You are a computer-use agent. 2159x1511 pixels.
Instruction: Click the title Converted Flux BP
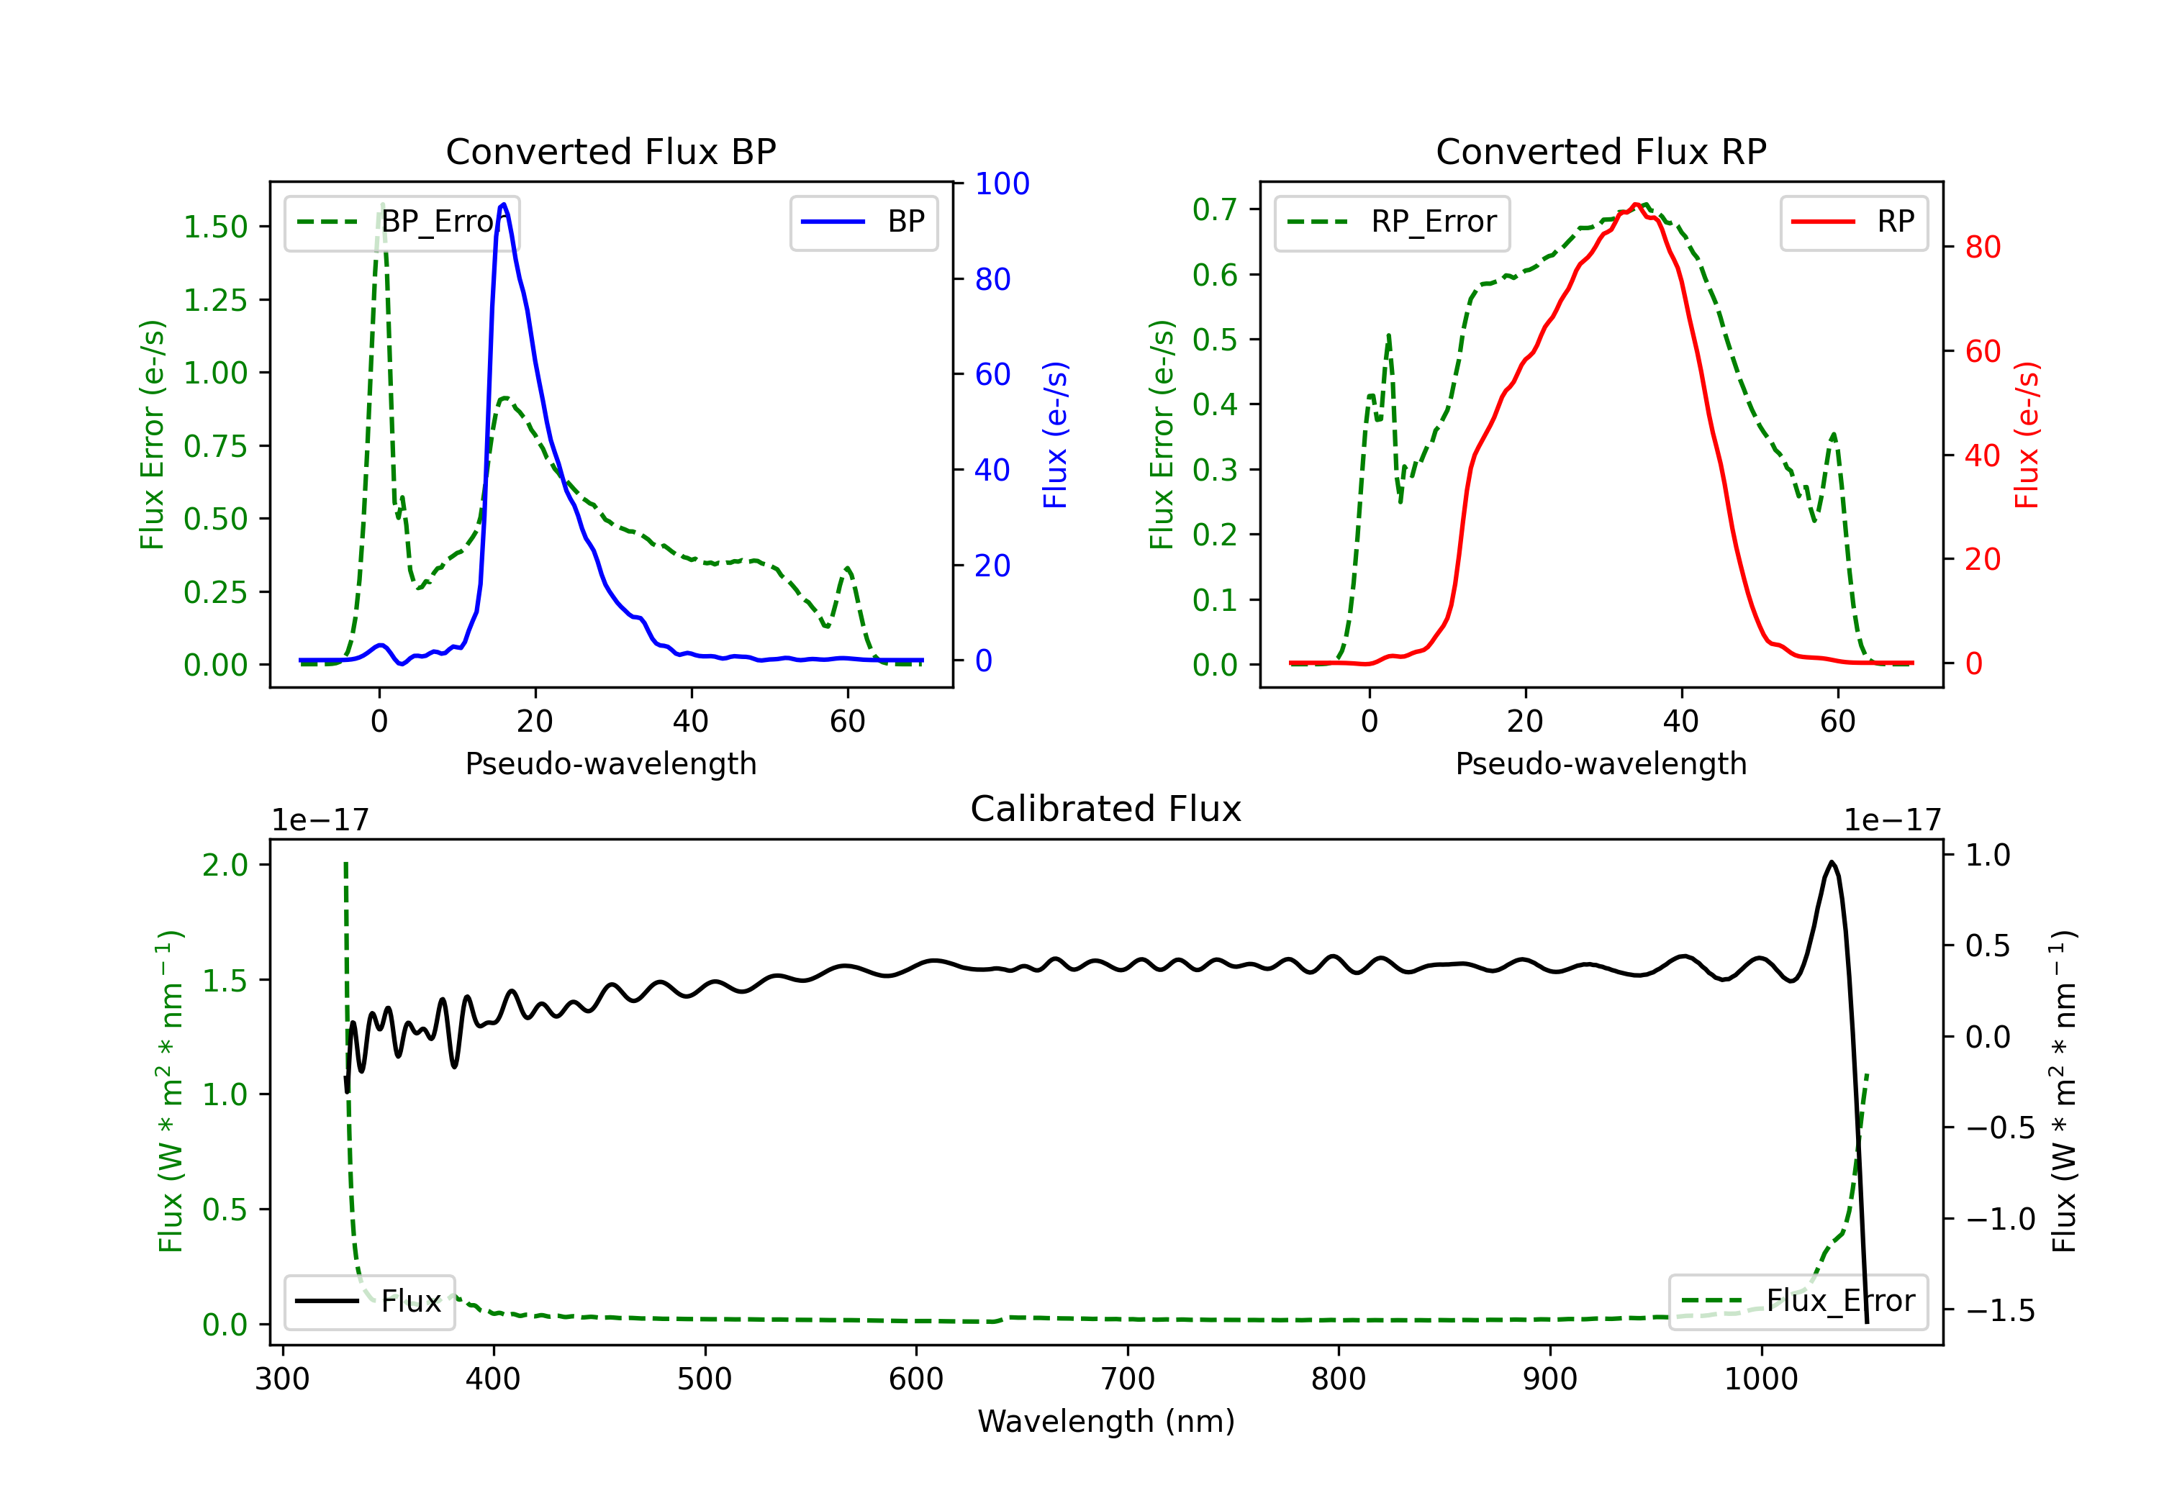[x=610, y=151]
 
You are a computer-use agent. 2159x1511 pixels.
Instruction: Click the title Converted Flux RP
[x=1601, y=151]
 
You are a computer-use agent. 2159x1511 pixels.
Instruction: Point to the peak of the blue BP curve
[x=504, y=204]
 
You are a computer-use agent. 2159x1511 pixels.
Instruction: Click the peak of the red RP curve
[x=1637, y=204]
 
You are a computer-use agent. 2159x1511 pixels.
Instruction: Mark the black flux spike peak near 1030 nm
[x=1832, y=862]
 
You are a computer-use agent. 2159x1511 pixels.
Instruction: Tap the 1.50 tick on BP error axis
[x=215, y=227]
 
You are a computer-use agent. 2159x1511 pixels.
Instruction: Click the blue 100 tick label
[x=1002, y=183]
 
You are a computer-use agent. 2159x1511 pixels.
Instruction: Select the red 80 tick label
[x=1983, y=248]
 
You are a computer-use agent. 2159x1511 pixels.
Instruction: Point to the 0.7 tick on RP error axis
[x=1214, y=209]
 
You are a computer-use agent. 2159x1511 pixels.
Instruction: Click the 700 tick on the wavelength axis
[x=1128, y=1379]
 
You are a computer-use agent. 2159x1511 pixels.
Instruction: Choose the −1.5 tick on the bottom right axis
[x=2000, y=1310]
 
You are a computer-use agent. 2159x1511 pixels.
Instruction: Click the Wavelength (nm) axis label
[x=1106, y=1421]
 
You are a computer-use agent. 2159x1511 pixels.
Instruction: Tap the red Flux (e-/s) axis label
[x=2027, y=435]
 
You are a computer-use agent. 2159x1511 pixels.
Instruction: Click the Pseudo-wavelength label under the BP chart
[x=610, y=763]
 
